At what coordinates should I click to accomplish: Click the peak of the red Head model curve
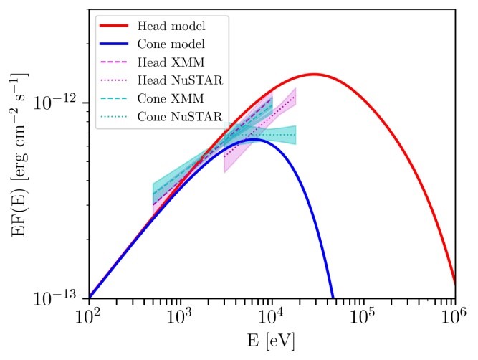pos(314,74)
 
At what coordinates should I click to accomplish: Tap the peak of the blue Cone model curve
pos(254,139)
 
